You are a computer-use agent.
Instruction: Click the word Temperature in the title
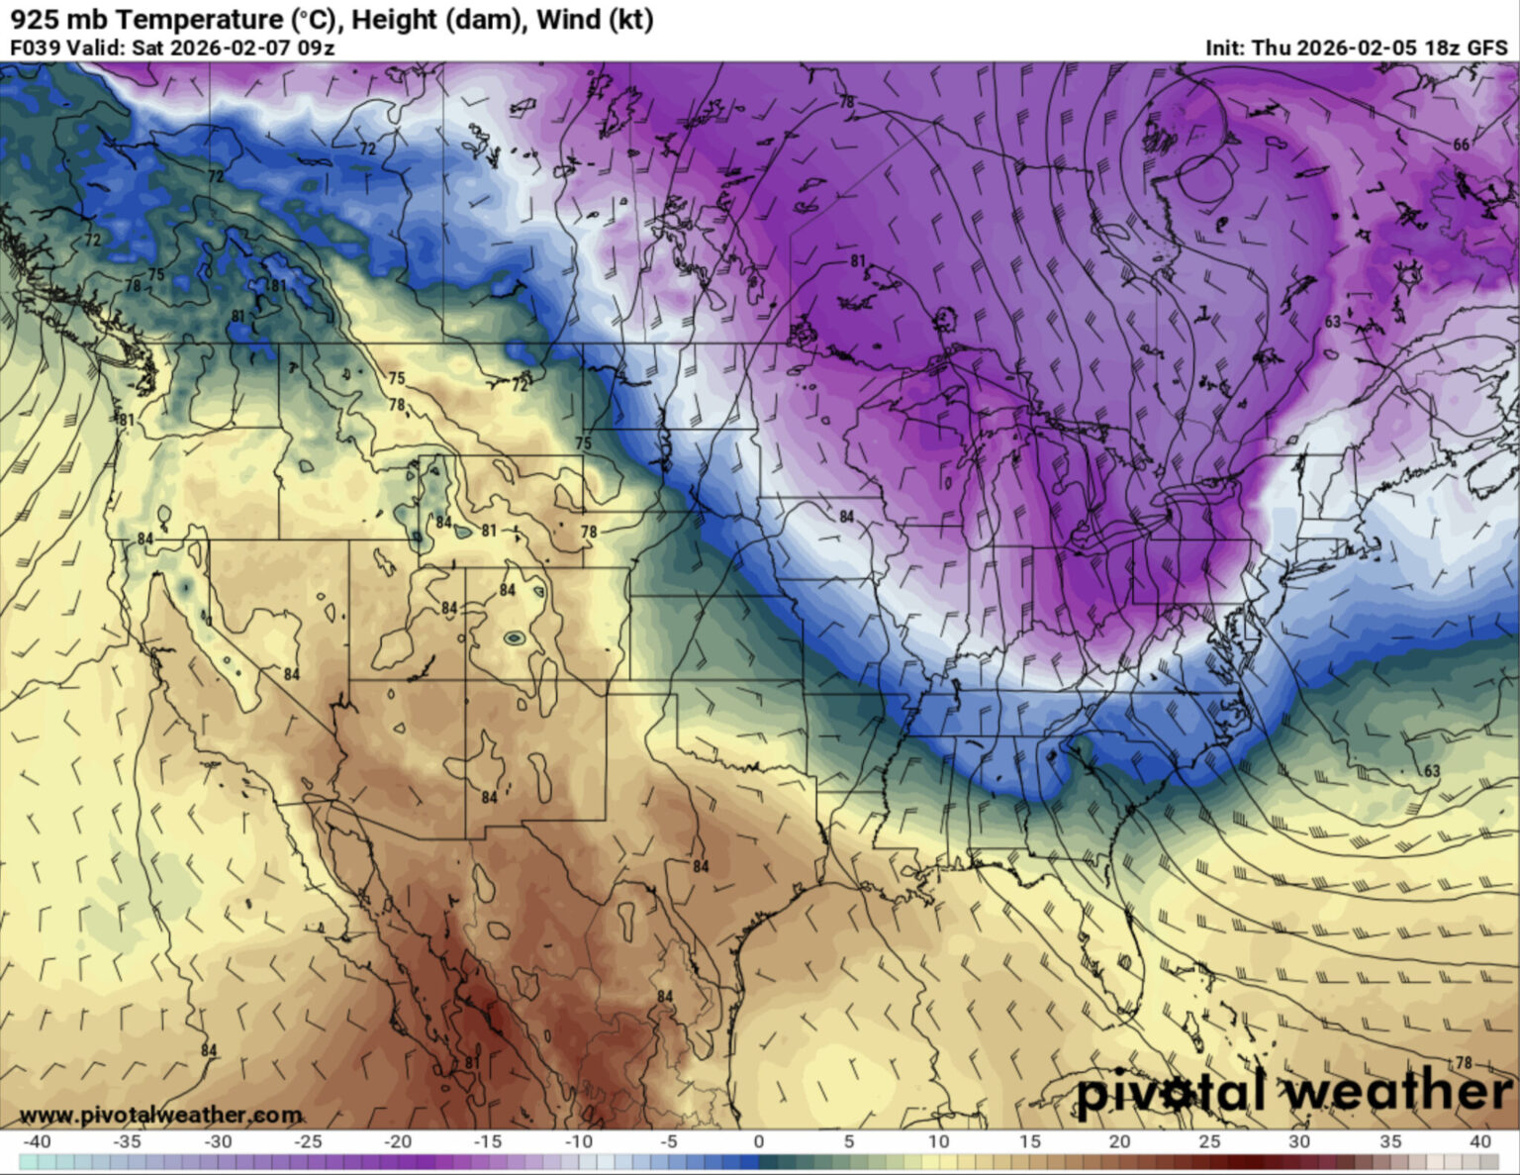[x=184, y=19]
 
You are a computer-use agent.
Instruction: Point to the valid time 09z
[x=316, y=48]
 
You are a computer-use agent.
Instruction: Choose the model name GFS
[x=1486, y=48]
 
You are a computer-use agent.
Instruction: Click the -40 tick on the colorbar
[x=37, y=1141]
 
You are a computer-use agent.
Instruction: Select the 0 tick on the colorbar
[x=759, y=1141]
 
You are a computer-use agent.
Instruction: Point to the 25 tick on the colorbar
[x=1209, y=1141]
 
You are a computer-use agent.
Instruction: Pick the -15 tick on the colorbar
[x=488, y=1141]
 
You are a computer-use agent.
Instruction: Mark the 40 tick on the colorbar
[x=1480, y=1141]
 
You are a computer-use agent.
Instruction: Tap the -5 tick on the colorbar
[x=668, y=1141]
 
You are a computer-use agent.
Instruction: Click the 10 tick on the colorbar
[x=939, y=1141]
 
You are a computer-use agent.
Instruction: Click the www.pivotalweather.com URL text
[x=160, y=1116]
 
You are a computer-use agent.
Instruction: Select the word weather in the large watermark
[x=1395, y=1092]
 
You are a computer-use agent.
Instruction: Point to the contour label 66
[x=1461, y=146]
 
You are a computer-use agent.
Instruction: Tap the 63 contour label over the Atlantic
[x=1431, y=771]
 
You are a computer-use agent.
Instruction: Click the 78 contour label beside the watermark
[x=1463, y=1062]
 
